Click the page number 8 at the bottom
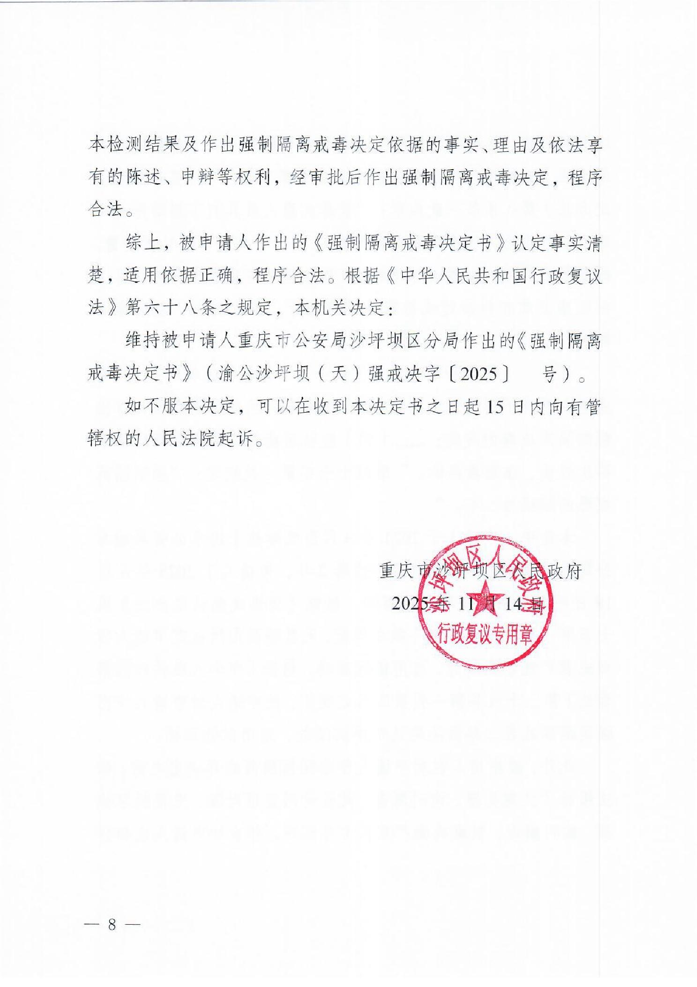point(112,924)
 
